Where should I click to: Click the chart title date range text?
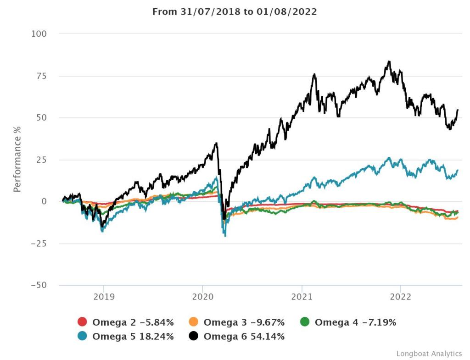235,11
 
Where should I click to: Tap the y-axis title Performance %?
17,159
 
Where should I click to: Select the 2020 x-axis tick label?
202,296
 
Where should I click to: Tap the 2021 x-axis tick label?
302,296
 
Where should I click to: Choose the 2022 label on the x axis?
401,296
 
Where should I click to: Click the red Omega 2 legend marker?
83,322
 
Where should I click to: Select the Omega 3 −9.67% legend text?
244,322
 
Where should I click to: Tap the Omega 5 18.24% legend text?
133,337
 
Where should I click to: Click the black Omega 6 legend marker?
194,337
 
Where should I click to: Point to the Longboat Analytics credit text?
429,354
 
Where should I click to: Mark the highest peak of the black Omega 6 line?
389,61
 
